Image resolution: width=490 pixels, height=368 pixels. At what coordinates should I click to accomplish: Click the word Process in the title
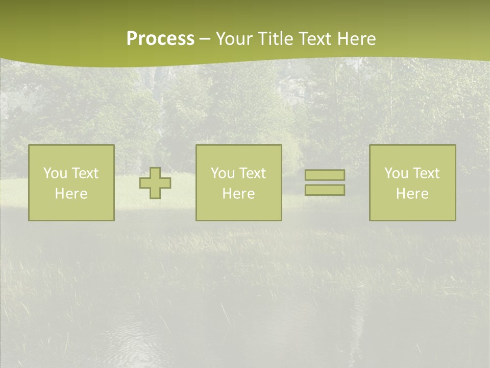click(160, 39)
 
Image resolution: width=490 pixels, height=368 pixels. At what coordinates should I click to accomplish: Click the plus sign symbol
click(155, 183)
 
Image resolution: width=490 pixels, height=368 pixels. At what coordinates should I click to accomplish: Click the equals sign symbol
click(325, 182)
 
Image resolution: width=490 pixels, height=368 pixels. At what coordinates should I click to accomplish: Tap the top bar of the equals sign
click(325, 175)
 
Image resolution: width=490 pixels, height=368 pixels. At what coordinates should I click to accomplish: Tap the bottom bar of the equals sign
click(325, 190)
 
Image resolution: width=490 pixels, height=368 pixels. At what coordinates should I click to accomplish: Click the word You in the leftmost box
click(55, 173)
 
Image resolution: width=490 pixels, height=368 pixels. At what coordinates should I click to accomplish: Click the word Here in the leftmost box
click(71, 194)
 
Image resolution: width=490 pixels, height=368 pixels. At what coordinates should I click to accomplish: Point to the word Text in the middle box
click(253, 173)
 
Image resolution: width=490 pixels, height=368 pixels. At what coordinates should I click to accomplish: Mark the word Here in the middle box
click(238, 194)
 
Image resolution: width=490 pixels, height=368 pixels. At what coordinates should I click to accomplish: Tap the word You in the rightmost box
click(396, 173)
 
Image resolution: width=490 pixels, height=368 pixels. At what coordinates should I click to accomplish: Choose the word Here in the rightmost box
click(412, 194)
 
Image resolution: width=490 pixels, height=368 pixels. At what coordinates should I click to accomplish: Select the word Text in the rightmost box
click(426, 173)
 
